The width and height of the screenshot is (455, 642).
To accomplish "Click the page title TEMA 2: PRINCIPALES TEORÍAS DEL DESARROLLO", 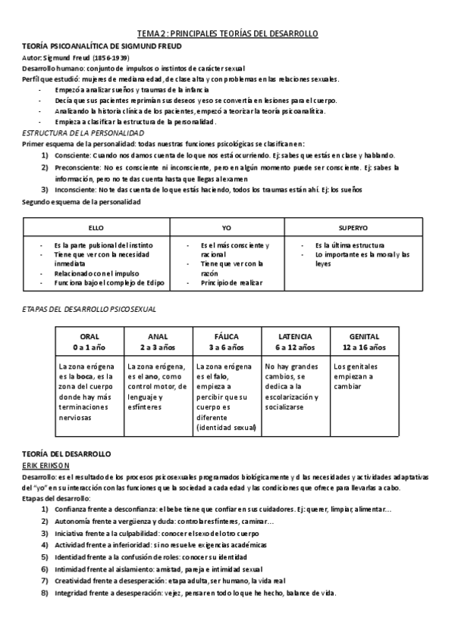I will click(x=227, y=33).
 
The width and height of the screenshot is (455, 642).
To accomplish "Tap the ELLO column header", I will click(x=96, y=227).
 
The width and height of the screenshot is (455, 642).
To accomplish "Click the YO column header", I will click(x=226, y=227).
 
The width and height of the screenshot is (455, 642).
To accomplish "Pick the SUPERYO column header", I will click(x=353, y=227).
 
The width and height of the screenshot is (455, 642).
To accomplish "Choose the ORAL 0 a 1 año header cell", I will click(x=89, y=341).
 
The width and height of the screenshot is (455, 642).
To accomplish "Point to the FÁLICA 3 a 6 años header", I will click(x=227, y=341).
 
